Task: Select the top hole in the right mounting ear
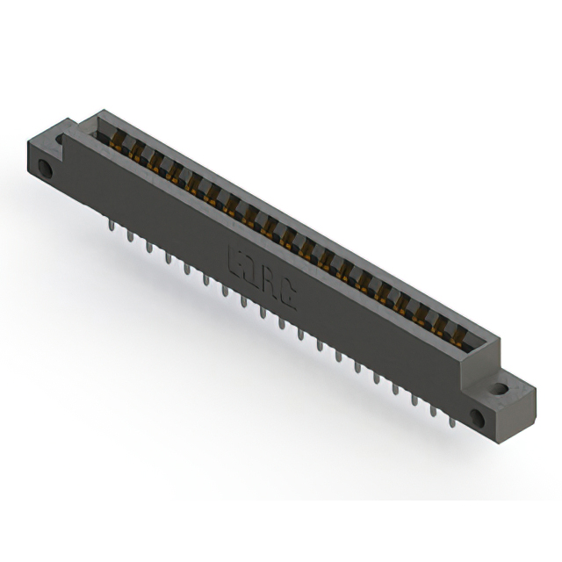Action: (500, 386)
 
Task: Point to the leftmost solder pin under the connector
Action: (109, 227)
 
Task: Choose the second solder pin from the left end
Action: (128, 236)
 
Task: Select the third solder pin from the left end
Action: (148, 249)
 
